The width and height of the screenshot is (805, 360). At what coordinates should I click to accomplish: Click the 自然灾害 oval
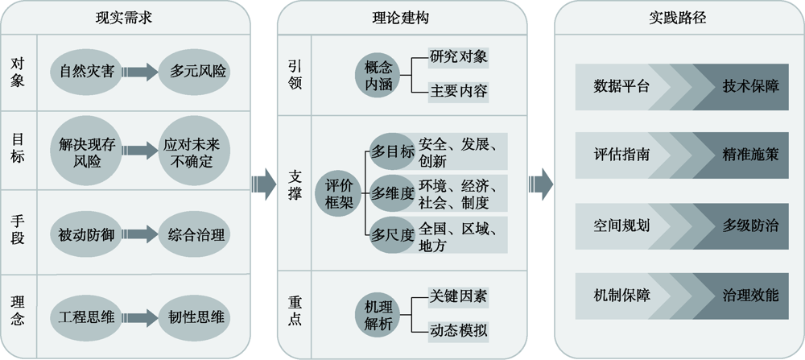(x=86, y=72)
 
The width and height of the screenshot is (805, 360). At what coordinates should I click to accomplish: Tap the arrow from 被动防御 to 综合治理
(x=141, y=235)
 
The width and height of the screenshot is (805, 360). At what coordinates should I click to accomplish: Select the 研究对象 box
(x=457, y=57)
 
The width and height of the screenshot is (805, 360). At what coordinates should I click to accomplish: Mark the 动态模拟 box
(x=457, y=330)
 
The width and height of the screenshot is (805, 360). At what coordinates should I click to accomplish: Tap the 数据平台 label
(x=621, y=85)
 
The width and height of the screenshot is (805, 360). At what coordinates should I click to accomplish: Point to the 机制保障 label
(x=621, y=295)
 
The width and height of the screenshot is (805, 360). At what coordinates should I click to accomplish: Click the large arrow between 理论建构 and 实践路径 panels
(x=540, y=184)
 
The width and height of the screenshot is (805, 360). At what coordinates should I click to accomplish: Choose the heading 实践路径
(x=677, y=17)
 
